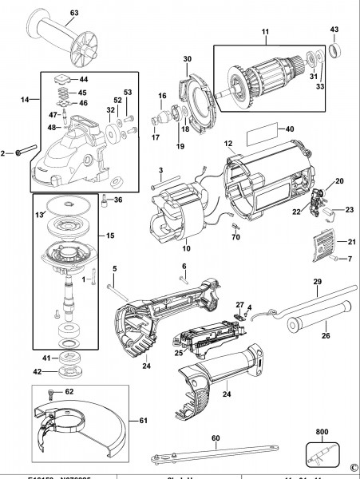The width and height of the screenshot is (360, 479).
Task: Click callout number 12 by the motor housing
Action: click(228, 144)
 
